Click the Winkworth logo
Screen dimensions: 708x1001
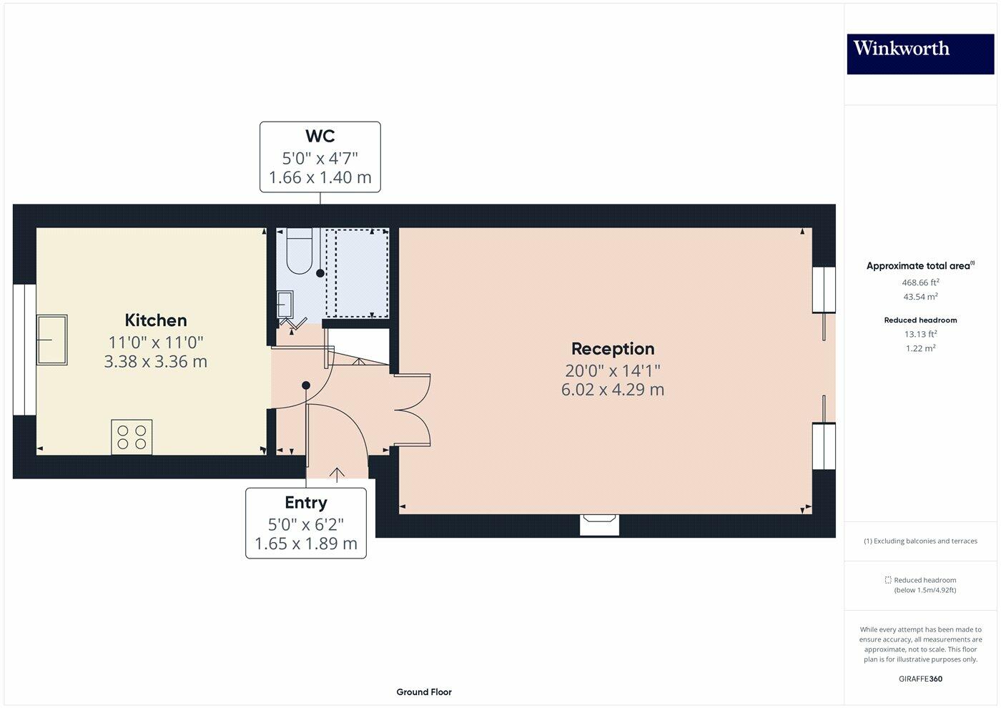point(920,54)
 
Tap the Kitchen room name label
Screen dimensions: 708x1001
point(156,320)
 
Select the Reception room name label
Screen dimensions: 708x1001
point(613,349)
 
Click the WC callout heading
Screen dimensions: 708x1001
point(320,136)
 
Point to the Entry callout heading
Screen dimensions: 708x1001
point(306,503)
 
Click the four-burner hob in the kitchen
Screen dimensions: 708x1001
point(132,437)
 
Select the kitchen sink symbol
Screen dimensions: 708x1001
point(51,340)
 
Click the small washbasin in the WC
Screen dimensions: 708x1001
point(285,303)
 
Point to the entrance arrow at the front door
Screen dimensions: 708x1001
point(337,473)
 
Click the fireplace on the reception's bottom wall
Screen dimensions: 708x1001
point(599,524)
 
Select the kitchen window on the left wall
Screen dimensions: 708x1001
point(24,350)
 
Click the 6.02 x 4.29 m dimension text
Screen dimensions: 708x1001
point(613,390)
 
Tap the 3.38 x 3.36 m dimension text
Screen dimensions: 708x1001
point(156,362)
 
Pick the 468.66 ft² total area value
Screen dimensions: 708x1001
point(919,282)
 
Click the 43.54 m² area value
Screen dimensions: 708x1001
point(920,297)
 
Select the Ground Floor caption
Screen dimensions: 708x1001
point(424,692)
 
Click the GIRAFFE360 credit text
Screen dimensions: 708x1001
point(920,679)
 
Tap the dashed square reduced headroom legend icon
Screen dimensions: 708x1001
point(888,580)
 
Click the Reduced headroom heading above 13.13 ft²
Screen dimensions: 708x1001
point(920,320)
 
